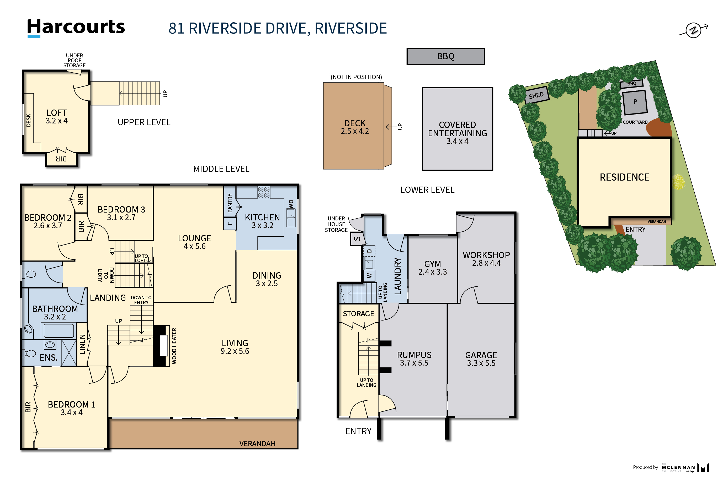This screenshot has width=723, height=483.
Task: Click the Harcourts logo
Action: [x=76, y=28]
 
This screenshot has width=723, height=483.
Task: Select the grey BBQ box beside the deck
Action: [x=445, y=56]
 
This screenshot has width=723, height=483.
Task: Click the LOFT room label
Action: [x=57, y=113]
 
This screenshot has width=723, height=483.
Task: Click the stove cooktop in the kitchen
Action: [x=264, y=193]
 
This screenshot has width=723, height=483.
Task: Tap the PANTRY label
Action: [x=230, y=203]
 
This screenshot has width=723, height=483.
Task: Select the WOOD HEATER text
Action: [x=174, y=346]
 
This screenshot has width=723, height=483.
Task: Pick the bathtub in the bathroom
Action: [x=59, y=331]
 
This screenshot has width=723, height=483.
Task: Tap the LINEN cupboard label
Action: [x=82, y=344]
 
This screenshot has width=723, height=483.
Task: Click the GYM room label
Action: [x=432, y=264]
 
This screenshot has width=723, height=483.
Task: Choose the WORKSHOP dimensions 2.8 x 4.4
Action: [x=486, y=263]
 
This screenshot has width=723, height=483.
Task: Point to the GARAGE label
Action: [x=481, y=355]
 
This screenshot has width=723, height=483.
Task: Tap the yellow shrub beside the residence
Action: [x=679, y=182]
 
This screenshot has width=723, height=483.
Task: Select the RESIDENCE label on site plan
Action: [x=624, y=177]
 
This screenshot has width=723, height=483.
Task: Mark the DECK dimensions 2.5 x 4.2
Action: [x=355, y=131]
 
